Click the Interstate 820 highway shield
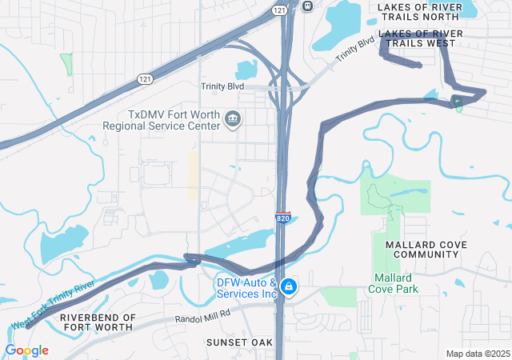pyautogui.click(x=283, y=218)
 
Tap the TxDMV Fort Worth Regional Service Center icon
pyautogui.click(x=233, y=119)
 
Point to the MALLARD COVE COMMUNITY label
pyautogui.click(x=422, y=249)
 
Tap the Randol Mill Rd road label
pyautogui.click(x=202, y=314)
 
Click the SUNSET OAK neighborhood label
pyautogui.click(x=239, y=342)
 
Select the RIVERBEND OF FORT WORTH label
pyautogui.click(x=98, y=323)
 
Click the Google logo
pyautogui.click(x=26, y=350)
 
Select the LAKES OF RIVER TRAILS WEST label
pyautogui.click(x=421, y=38)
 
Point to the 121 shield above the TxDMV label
pyautogui.click(x=145, y=78)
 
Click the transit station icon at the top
pyautogui.click(x=308, y=5)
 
